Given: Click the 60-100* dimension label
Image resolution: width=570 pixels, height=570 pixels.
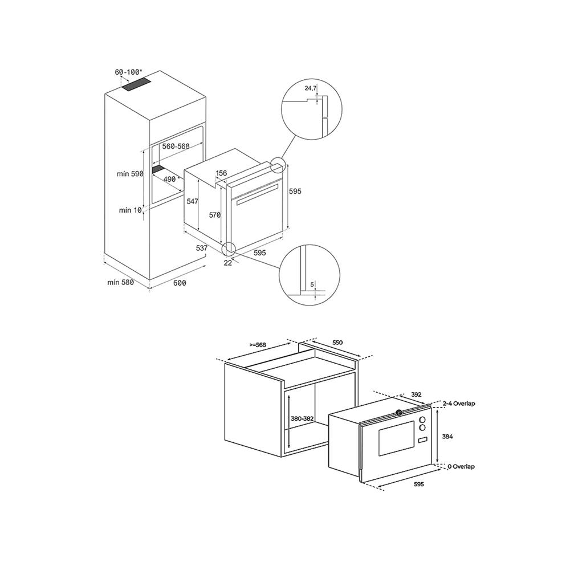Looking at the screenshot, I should pos(129,72).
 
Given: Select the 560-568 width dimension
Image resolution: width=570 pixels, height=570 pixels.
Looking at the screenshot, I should pos(176,146).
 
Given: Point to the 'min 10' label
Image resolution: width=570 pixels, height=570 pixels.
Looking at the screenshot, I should pos(129,210).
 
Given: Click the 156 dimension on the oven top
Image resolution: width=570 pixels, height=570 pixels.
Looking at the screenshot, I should pos(221,173).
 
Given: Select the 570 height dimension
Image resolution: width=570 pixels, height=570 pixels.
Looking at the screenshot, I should pos(214,215).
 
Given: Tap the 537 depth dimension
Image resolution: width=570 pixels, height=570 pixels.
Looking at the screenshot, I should pos(201,248).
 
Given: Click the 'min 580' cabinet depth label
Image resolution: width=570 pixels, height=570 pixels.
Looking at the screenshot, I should pos(120,283).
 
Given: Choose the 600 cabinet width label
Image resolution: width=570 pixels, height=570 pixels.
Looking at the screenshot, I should pos(180,283).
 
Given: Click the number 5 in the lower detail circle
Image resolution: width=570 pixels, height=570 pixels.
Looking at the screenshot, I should pos(312,284).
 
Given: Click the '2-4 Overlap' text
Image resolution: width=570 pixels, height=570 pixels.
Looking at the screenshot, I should pos(459,404).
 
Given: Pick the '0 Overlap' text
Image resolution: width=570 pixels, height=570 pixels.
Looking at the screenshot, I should pos(461,466).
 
